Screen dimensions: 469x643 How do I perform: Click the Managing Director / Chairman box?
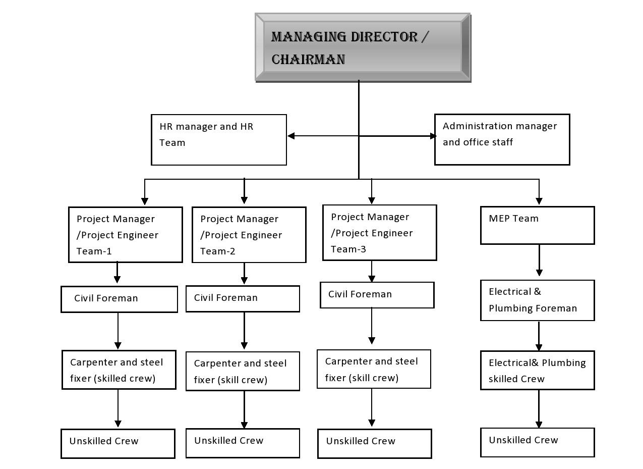[363, 47]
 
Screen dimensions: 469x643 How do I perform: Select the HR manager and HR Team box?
[219, 139]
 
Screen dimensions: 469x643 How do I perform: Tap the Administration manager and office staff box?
[502, 139]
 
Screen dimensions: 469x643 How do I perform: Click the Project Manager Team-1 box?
[125, 235]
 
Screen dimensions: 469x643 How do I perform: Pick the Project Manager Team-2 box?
[249, 235]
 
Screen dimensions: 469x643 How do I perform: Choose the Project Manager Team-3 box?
[379, 233]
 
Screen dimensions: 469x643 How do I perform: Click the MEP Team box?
[537, 225]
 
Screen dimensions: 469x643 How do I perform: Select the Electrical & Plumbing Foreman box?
[537, 300]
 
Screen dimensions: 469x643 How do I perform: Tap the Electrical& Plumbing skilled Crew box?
[537, 370]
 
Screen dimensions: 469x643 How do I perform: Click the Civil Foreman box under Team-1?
[119, 299]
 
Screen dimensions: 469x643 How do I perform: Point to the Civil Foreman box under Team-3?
[377, 295]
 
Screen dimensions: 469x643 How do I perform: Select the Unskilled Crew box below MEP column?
[537, 442]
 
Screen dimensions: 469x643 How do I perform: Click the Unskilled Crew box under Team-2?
[243, 443]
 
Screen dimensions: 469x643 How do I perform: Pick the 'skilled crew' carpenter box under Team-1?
[119, 370]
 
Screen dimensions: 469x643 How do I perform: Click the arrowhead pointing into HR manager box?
[291, 136]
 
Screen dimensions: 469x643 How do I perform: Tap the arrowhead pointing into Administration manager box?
[433, 136]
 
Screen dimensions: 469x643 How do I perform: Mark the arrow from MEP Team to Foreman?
[539, 260]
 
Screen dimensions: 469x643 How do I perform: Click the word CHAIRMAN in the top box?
[308, 60]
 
